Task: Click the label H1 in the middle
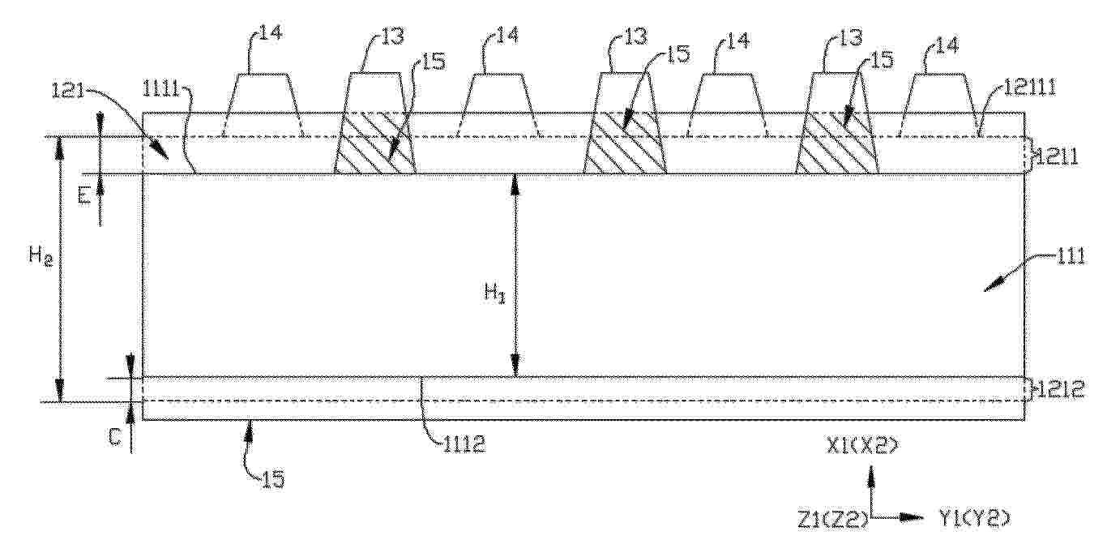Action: (x=494, y=293)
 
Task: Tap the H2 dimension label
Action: (x=41, y=257)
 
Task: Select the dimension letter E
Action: (x=83, y=195)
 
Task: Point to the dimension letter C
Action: (x=114, y=437)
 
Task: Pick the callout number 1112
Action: (x=464, y=444)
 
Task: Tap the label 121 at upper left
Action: (x=67, y=92)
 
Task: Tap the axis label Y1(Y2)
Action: (x=974, y=520)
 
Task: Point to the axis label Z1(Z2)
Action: (x=832, y=521)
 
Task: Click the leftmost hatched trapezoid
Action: (x=375, y=144)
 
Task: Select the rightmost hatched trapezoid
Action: (x=837, y=144)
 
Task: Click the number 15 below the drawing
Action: (x=273, y=479)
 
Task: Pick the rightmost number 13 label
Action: (x=851, y=38)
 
